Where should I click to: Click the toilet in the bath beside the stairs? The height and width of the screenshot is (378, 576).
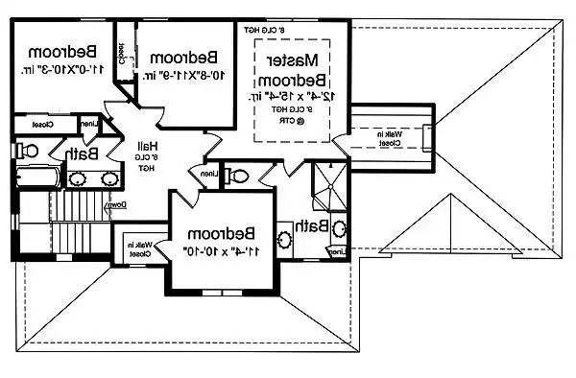point(27,151)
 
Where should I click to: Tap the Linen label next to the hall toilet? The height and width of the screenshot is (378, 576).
point(209,175)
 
